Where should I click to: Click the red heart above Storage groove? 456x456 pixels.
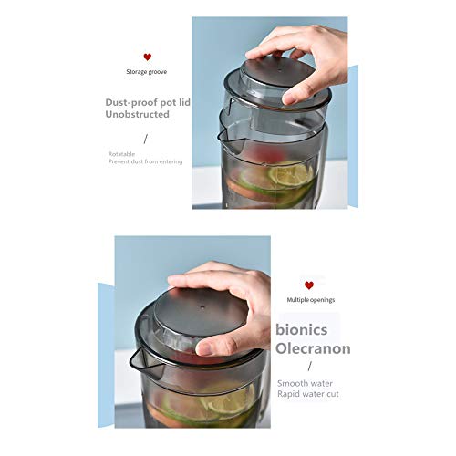148,57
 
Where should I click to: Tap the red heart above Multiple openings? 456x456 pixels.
309,285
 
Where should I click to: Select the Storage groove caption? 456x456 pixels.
147,72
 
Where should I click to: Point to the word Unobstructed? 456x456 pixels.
137,114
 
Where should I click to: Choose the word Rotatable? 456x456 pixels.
121,154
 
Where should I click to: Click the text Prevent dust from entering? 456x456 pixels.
146,161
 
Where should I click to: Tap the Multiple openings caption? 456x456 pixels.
311,300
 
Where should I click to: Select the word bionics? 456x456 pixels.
302,330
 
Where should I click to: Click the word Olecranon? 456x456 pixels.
313,348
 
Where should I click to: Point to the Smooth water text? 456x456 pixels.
305,383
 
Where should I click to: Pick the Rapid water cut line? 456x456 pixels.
308,394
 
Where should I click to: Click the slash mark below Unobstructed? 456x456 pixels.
146,139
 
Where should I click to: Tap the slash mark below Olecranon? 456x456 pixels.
310,367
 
